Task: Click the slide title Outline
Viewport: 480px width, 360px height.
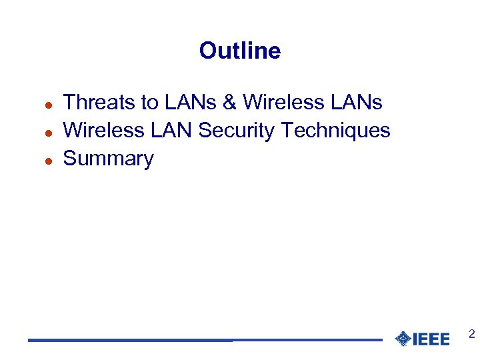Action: coord(240,51)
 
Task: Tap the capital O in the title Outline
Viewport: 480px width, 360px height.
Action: coord(207,51)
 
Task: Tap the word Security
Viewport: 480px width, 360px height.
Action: coord(237,130)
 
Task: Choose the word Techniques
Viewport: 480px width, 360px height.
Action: coord(336,130)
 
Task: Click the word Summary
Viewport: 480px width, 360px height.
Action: coord(108,159)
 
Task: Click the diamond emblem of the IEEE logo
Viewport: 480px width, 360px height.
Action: coord(403,339)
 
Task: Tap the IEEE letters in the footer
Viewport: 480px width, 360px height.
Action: coord(431,339)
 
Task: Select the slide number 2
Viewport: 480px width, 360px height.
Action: coord(471,334)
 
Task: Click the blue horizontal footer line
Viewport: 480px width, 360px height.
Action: coord(200,340)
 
